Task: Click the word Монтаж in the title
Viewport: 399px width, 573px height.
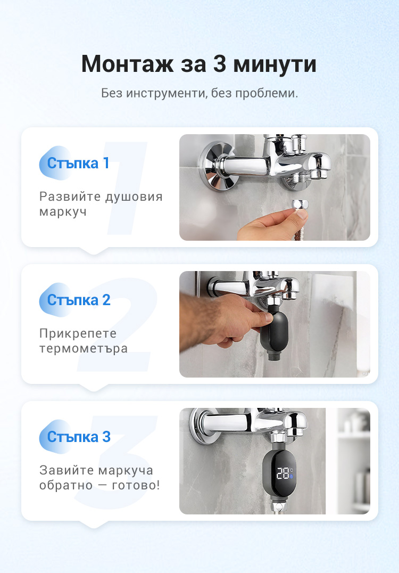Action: pyautogui.click(x=127, y=64)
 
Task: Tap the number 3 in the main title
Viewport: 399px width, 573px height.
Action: pyautogui.click(x=220, y=63)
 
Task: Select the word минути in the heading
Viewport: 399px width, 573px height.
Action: pyautogui.click(x=275, y=64)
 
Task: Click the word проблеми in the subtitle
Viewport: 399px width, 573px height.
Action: pyautogui.click(x=266, y=94)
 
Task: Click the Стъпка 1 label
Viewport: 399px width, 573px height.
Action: pyautogui.click(x=78, y=163)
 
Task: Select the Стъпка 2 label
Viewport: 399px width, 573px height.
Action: pyautogui.click(x=79, y=300)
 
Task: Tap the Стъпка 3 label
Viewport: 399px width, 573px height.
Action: pyautogui.click(x=79, y=437)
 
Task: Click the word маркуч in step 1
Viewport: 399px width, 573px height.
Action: pyautogui.click(x=63, y=212)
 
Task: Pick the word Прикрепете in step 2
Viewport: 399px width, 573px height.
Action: pyautogui.click(x=78, y=333)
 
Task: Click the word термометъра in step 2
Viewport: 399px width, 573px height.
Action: pyautogui.click(x=83, y=349)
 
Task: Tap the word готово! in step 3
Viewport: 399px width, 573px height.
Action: pyautogui.click(x=136, y=485)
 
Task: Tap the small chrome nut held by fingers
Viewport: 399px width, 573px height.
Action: pyautogui.click(x=300, y=204)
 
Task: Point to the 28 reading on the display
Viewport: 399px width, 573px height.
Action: pyautogui.click(x=282, y=473)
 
